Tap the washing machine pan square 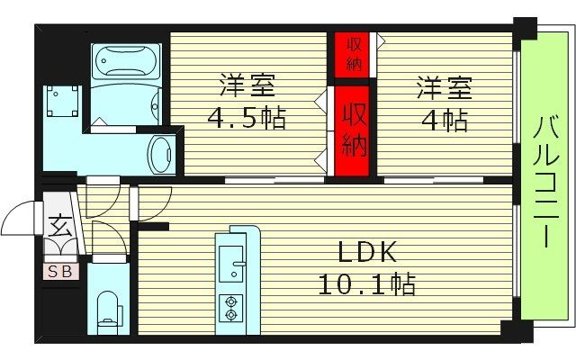click(x=65, y=104)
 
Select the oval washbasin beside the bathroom click(x=163, y=154)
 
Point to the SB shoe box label click(x=60, y=269)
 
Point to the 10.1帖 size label click(x=365, y=285)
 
